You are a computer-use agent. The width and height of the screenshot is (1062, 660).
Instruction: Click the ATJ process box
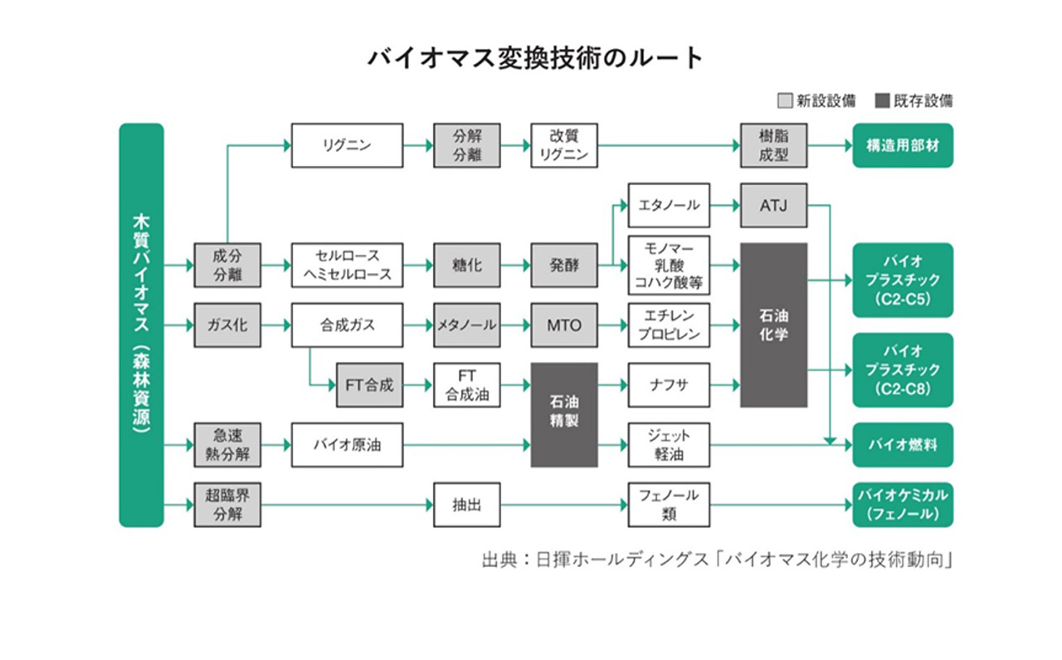(773, 205)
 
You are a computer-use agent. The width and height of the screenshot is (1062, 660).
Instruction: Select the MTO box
(563, 325)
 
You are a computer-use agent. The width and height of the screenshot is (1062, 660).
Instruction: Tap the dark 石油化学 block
(773, 325)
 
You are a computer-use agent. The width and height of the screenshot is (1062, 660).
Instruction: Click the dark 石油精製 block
(563, 415)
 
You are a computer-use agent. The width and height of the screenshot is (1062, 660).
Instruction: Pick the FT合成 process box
(369, 385)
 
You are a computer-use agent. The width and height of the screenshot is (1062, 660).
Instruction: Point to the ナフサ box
(669, 385)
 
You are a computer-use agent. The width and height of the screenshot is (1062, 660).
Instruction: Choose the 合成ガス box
(347, 325)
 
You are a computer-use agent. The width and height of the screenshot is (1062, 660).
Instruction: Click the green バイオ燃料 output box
(903, 445)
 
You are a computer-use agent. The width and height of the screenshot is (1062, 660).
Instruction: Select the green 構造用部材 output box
(903, 145)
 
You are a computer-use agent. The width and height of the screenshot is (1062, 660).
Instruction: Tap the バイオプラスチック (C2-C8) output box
(903, 370)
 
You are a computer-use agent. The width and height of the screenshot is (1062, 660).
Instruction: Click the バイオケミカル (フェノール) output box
(903, 505)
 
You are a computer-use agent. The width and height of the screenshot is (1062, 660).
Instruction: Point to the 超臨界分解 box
(227, 505)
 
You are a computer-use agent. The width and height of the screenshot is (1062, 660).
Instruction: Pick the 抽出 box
(466, 505)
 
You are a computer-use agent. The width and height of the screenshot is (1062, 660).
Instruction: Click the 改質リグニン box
(563, 145)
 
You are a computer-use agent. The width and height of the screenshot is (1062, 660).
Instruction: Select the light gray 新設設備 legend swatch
(785, 100)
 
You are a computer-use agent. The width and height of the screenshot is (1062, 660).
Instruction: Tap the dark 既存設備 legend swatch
(882, 100)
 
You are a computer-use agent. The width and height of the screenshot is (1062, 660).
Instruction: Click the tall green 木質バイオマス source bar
(141, 325)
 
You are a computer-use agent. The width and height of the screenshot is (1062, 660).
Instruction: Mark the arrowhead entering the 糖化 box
(429, 265)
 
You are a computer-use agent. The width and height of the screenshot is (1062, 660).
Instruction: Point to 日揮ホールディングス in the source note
(621, 560)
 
